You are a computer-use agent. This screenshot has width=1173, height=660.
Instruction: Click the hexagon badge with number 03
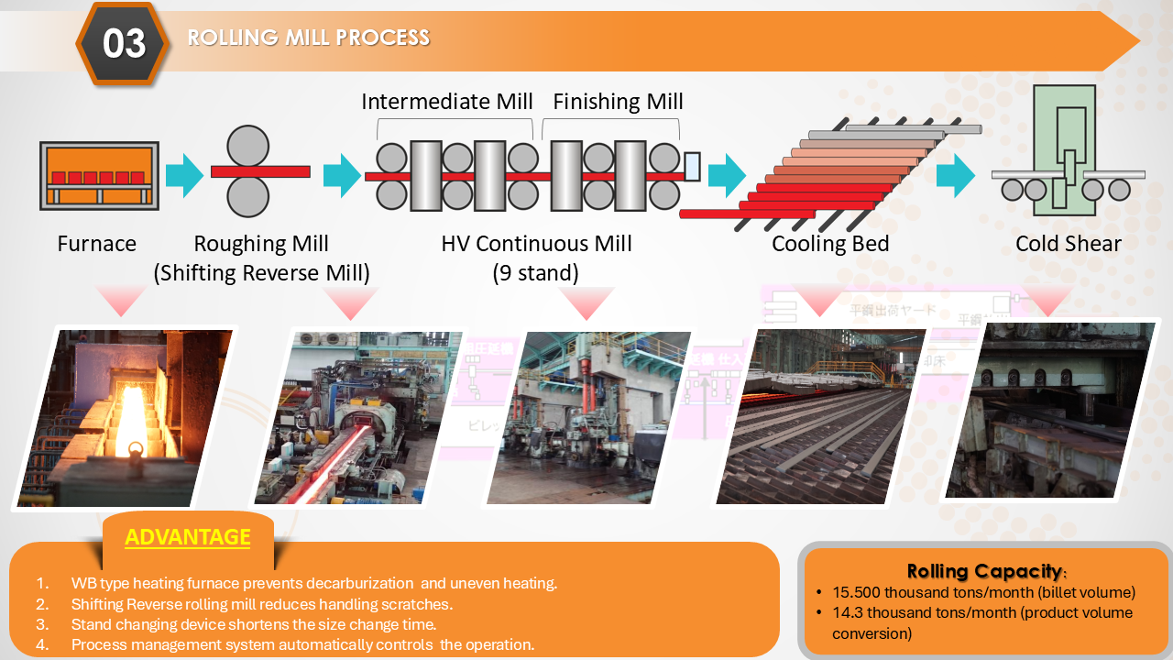pyautogui.click(x=124, y=43)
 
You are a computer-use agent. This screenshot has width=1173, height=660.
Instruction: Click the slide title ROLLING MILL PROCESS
pyautogui.click(x=308, y=38)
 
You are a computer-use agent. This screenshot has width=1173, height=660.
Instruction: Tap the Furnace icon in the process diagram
pyautogui.click(x=99, y=174)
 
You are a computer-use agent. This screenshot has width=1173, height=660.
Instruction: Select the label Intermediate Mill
pyautogui.click(x=446, y=101)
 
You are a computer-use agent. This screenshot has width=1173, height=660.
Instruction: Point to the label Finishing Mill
pyautogui.click(x=618, y=101)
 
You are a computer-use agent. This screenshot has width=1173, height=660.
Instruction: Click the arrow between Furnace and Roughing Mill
pyautogui.click(x=183, y=175)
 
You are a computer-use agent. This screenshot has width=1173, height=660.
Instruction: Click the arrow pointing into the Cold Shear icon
pyautogui.click(x=956, y=175)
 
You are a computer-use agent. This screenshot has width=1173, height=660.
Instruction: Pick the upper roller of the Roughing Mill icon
pyautogui.click(x=247, y=146)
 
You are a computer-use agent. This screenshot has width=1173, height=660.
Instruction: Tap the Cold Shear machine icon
pyautogui.click(x=1065, y=151)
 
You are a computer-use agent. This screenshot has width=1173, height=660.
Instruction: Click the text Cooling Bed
pyautogui.click(x=830, y=244)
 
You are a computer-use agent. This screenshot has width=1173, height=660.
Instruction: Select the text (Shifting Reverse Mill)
pyautogui.click(x=261, y=273)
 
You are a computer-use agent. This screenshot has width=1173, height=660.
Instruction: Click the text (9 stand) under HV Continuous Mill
pyautogui.click(x=535, y=273)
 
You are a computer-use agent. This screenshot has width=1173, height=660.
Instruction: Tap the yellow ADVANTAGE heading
pyautogui.click(x=187, y=537)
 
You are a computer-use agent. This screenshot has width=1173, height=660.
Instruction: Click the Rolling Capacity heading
pyautogui.click(x=985, y=571)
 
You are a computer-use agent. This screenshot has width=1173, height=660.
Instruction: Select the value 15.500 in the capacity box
pyautogui.click(x=857, y=592)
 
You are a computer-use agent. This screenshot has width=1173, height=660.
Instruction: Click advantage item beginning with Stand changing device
pyautogui.click(x=252, y=624)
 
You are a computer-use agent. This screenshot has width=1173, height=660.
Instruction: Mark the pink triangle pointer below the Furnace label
pyautogui.click(x=120, y=299)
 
